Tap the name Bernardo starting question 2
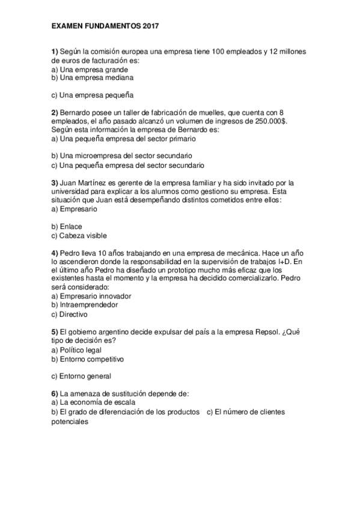(x=76, y=112)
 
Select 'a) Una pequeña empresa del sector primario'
(x=123, y=138)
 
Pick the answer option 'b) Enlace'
(x=67, y=226)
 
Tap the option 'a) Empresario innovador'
(x=91, y=296)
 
